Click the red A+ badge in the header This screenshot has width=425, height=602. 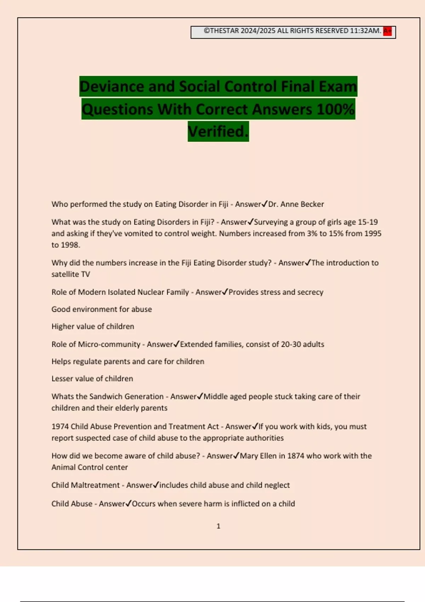pos(387,31)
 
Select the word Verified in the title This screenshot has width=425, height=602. pos(217,132)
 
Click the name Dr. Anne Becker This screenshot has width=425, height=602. pos(296,204)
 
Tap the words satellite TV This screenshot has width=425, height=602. pos(71,274)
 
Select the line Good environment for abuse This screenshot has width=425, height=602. pos(102,309)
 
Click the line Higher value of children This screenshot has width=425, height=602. pos(93,326)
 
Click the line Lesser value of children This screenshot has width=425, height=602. pos(92,379)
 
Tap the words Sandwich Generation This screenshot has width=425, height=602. pos(126,397)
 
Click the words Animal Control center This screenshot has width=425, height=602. pos(90,467)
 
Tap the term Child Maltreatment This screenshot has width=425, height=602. pos(86,485)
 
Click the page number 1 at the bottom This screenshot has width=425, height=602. pos(218,526)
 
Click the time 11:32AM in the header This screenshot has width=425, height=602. pos(365,31)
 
